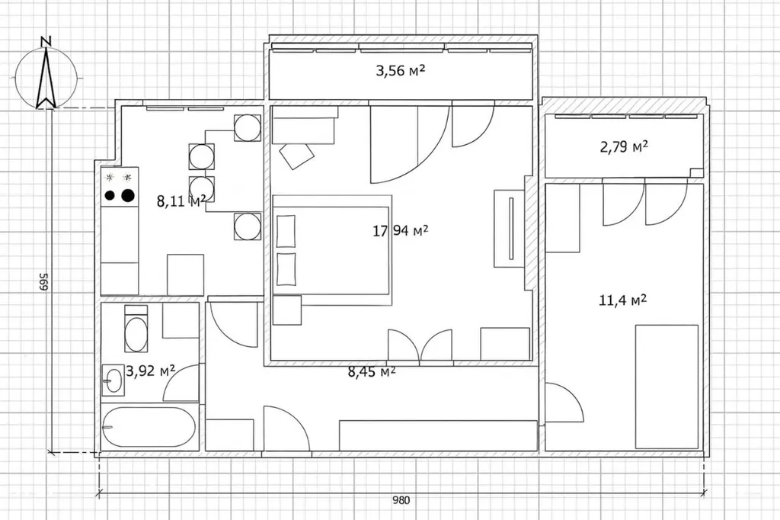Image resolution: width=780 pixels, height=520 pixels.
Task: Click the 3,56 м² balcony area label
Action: click(401, 71)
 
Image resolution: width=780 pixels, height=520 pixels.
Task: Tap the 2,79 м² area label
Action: click(624, 147)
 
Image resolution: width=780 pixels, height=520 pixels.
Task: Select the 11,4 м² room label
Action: click(623, 300)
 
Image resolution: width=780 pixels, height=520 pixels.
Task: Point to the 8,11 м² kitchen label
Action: click(181, 201)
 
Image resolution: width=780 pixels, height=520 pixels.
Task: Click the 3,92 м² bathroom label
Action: click(150, 371)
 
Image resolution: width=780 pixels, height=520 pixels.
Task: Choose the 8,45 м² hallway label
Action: click(372, 372)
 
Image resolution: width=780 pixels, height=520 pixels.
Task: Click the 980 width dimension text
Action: click(401, 499)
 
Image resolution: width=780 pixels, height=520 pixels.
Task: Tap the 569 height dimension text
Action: click(43, 282)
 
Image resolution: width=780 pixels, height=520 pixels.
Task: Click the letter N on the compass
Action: click(46, 41)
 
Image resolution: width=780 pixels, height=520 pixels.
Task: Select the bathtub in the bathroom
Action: click(149, 427)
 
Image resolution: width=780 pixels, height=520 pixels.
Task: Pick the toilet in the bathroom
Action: click(136, 329)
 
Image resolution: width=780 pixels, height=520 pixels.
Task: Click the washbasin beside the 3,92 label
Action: click(113, 380)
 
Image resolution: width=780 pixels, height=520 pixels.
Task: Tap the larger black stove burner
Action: click(128, 195)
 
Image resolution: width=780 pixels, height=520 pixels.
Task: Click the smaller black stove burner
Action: click(110, 195)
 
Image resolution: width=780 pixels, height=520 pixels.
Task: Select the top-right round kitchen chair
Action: click(248, 127)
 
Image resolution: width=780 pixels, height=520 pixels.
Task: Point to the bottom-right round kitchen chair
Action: click(248, 226)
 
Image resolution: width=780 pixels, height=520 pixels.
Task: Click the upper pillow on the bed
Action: click(286, 231)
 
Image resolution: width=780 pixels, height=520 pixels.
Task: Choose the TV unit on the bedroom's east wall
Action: click(509, 228)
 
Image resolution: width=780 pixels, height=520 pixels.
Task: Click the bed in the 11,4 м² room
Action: click(667, 387)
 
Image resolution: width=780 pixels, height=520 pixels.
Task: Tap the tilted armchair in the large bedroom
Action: click(296, 155)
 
